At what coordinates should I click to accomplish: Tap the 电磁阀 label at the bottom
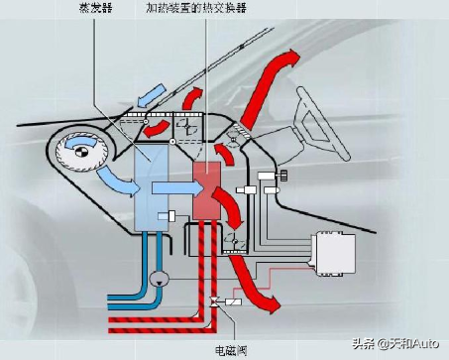[231, 349]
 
